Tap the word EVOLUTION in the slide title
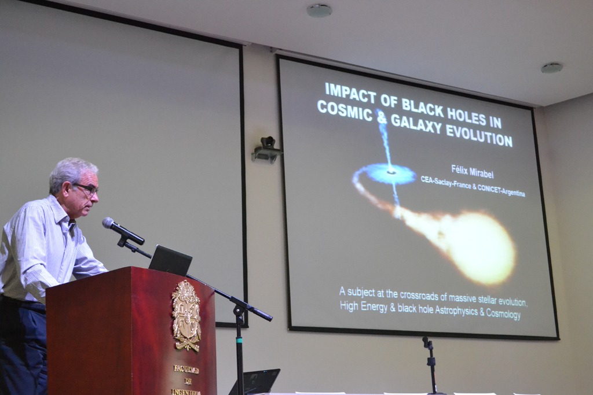point(479,135)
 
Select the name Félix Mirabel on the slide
point(473,172)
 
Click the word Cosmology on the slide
point(503,313)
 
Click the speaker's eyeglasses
point(86,189)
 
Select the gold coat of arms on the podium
point(186,316)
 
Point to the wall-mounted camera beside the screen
point(266,149)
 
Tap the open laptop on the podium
point(170,261)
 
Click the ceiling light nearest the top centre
point(319,10)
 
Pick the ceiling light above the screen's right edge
point(552,68)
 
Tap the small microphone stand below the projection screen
point(430,364)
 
